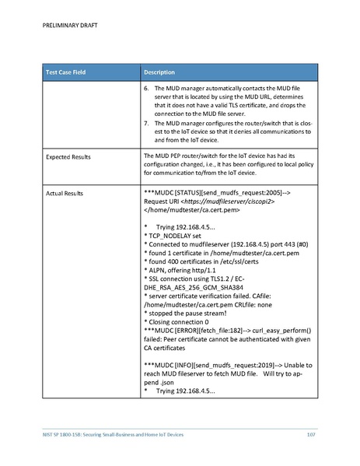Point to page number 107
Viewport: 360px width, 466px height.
(311, 433)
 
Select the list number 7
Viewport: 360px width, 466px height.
(148, 124)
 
